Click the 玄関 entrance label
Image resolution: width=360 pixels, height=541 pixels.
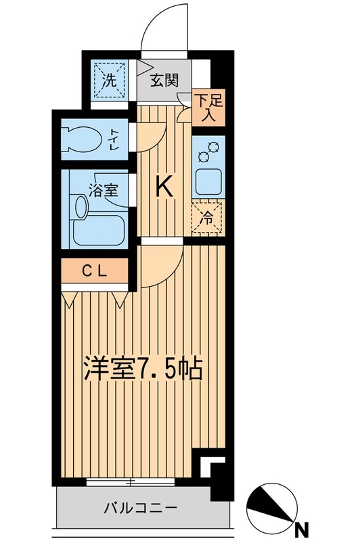(164, 80)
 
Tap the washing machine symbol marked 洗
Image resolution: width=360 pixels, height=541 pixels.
(109, 80)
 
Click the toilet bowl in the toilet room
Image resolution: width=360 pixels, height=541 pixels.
(83, 138)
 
